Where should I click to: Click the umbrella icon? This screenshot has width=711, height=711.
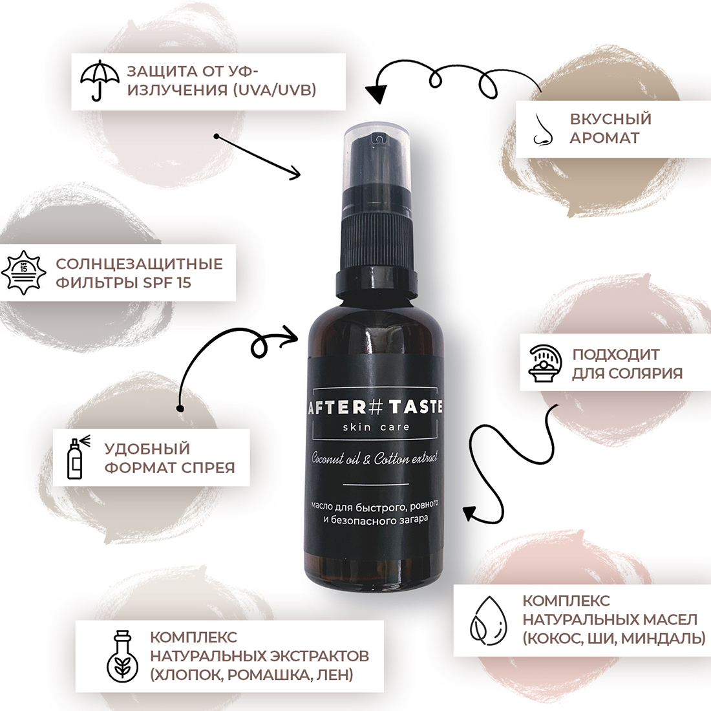100,81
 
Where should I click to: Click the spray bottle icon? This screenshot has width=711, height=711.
78,458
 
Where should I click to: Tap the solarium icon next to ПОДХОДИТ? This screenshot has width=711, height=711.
546,364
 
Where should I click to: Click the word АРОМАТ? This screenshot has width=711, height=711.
604,138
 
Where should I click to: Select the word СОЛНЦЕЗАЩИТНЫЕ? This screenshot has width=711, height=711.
139,264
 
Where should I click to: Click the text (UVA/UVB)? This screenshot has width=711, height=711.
274,90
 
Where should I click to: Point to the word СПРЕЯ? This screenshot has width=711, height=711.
208,467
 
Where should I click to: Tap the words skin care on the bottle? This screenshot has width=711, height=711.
376,427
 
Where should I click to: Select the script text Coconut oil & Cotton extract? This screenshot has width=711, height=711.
374,458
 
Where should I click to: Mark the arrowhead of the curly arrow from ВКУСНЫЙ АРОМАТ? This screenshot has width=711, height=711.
376,94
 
